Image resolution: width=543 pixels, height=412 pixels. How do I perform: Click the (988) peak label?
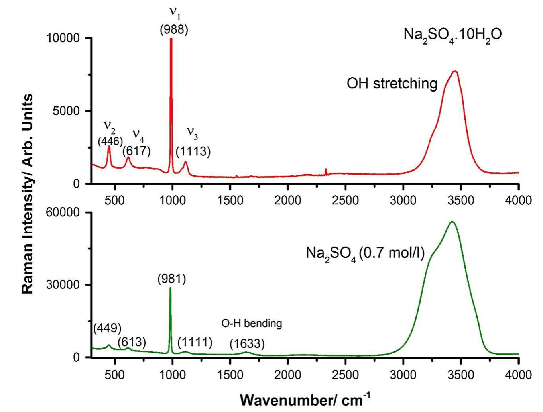[x=174, y=30]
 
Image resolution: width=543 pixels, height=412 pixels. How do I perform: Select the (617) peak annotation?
[x=136, y=151]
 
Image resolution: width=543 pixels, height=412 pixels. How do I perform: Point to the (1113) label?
[x=193, y=151]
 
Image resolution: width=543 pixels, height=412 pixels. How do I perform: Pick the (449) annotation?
[x=107, y=328]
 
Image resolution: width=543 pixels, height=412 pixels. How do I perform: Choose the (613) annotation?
[x=132, y=342]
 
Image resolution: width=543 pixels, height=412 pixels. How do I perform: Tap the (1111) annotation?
[x=195, y=342]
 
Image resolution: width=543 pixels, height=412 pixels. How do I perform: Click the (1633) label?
[x=247, y=343]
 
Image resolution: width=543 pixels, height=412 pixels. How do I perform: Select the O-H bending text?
[x=252, y=323]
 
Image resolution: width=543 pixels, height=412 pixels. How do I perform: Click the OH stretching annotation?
[x=392, y=84]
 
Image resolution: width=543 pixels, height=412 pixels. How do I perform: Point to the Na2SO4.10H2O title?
[x=452, y=35]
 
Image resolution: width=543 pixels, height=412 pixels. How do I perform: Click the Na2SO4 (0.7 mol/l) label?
[x=365, y=253]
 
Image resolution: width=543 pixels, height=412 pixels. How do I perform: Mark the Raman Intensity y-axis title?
[x=27, y=194]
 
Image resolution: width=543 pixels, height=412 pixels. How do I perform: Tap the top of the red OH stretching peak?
[x=454, y=71]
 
